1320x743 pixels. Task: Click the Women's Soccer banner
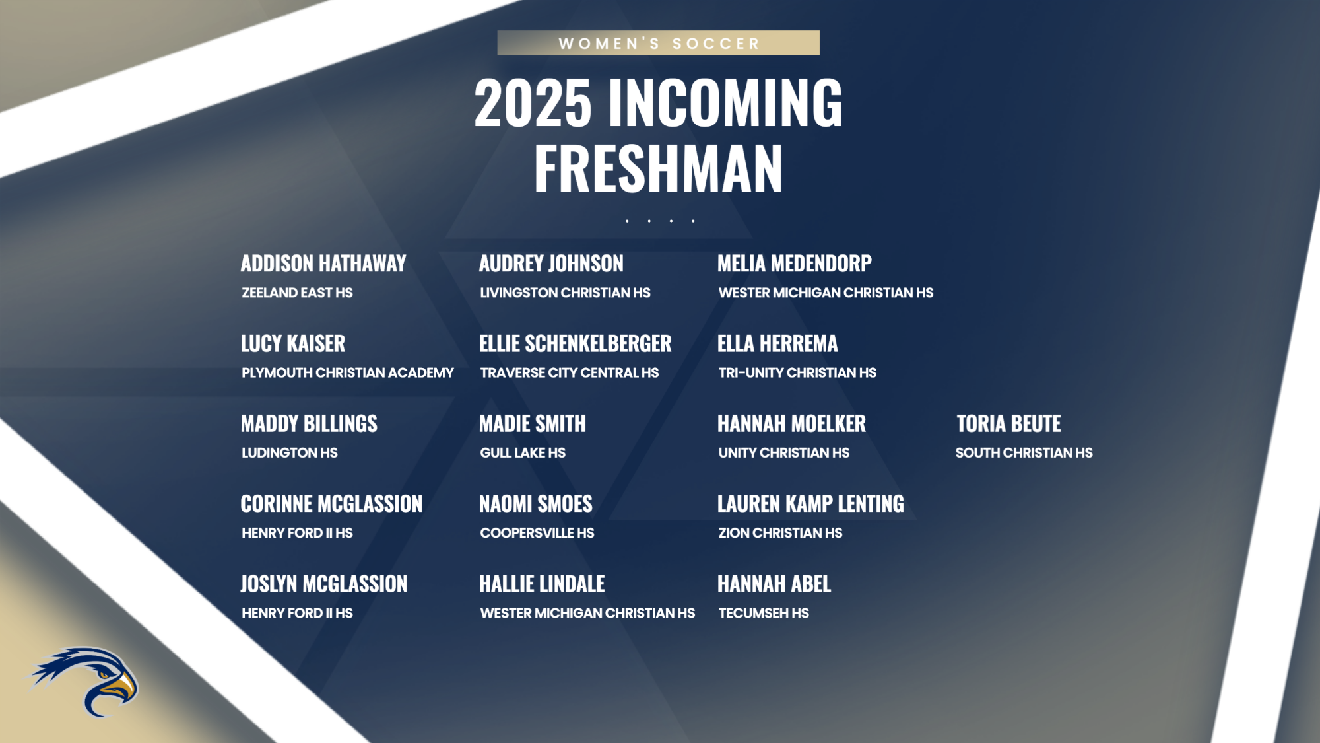tap(658, 43)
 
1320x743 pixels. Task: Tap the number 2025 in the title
tap(533, 103)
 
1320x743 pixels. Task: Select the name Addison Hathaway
tap(323, 264)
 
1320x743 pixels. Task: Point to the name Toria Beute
tap(1008, 424)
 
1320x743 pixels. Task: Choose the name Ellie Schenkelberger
tap(575, 344)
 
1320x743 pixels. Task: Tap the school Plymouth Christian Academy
tap(347, 373)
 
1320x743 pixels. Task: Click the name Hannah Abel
tap(774, 584)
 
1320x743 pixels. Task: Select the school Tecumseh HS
tap(764, 614)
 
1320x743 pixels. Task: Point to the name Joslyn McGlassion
tap(324, 584)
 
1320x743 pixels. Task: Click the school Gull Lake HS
tap(523, 453)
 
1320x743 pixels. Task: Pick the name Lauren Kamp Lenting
tap(810, 504)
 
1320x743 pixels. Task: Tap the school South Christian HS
tap(1024, 453)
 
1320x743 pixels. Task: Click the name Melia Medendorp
tap(795, 264)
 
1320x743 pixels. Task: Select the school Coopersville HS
tap(537, 533)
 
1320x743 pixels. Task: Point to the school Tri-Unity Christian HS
tap(797, 373)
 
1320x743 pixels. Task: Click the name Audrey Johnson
tap(551, 264)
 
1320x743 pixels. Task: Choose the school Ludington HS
tap(289, 453)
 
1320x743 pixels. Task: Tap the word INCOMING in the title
tap(725, 103)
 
